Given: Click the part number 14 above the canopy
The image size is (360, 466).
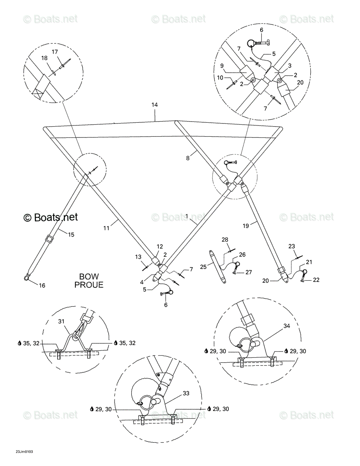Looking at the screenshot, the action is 155,104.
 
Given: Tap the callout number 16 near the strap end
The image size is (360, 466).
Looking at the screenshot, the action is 42,285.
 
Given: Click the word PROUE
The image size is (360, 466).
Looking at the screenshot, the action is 89,285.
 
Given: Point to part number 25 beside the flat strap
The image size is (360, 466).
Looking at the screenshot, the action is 203,267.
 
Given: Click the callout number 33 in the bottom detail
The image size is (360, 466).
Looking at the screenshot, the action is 186,393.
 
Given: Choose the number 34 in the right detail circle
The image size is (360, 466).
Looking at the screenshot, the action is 287,326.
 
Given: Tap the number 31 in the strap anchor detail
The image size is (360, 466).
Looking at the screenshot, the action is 61,327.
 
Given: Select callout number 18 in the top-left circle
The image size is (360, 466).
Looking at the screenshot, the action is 44,58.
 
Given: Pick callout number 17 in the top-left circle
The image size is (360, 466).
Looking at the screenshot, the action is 55,52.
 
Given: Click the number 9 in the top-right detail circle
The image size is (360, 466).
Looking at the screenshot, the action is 222,66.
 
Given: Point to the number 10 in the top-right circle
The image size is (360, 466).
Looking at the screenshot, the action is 220,78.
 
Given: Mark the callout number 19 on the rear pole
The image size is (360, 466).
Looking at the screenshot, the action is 246,226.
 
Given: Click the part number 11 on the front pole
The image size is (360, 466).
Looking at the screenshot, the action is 106,228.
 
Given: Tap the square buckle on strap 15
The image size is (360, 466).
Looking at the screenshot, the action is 50,238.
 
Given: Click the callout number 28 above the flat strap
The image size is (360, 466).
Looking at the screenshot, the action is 225,240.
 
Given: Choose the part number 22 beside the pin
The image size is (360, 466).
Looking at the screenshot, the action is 316,280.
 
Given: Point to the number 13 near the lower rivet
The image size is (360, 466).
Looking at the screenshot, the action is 138,257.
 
